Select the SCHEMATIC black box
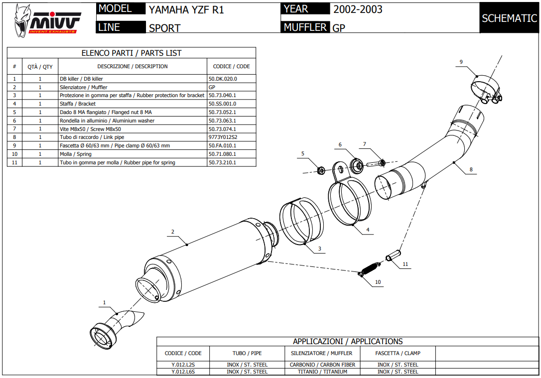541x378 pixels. pos(509,18)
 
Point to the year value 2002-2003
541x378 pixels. pos(358,9)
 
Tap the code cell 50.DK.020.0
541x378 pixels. pos(223,79)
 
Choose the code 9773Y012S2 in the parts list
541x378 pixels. pos(223,137)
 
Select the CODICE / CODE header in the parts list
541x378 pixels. pos(231,66)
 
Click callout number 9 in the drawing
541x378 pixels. pos(461,62)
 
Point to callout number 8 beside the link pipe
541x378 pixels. pos(471,170)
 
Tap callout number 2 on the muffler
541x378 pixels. pos(172,232)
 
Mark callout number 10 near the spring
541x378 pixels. pos(378,282)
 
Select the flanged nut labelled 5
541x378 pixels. pos(321,170)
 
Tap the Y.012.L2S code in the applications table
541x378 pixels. pos(183,365)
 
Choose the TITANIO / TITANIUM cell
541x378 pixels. pos(322,372)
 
